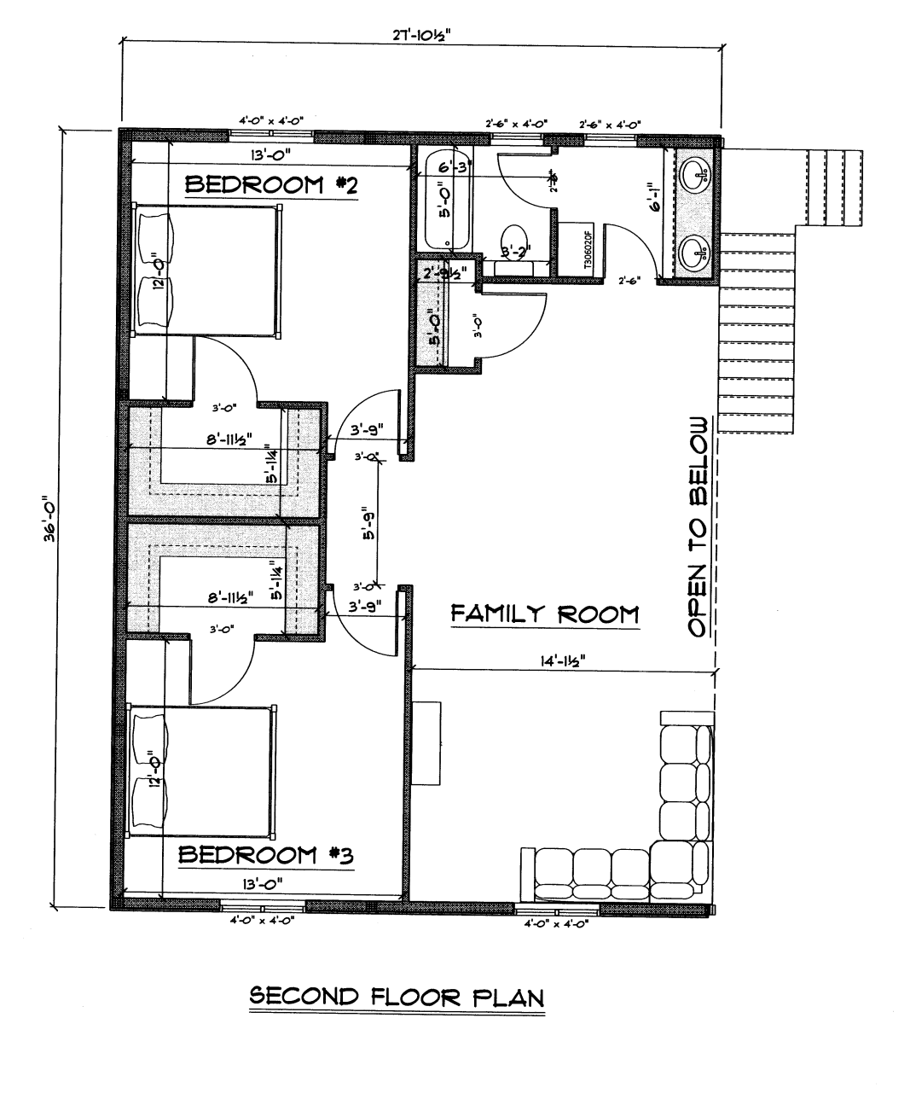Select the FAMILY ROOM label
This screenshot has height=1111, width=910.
[x=544, y=613]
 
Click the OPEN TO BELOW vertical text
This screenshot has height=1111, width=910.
[x=698, y=526]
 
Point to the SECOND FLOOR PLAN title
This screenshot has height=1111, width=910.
[x=396, y=997]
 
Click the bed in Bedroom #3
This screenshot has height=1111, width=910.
[x=201, y=770]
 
